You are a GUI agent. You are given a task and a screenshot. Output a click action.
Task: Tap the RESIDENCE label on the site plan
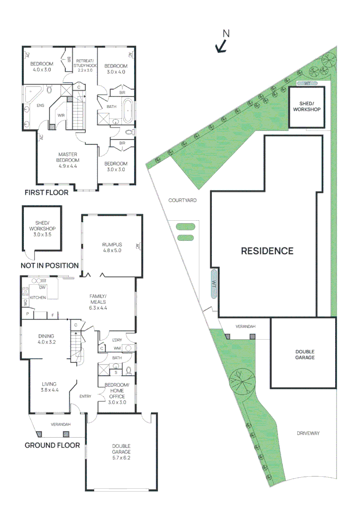pyautogui.click(x=267, y=251)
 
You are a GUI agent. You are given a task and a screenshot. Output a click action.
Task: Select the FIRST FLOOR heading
pyautogui.click(x=46, y=193)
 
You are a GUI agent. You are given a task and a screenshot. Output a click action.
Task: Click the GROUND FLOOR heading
pyautogui.click(x=52, y=445)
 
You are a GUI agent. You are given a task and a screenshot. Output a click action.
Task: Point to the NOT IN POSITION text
pyautogui.click(x=50, y=266)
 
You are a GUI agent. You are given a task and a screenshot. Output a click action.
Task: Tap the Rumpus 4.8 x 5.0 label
pyautogui.click(x=112, y=247)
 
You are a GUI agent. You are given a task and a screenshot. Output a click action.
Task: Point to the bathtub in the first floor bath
pyautogui.click(x=128, y=111)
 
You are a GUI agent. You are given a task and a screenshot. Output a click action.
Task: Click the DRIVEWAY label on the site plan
pyautogui.click(x=307, y=433)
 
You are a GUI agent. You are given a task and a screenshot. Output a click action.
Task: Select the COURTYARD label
pyautogui.click(x=182, y=201)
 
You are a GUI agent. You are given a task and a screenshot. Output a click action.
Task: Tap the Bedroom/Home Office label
pyautogui.click(x=117, y=390)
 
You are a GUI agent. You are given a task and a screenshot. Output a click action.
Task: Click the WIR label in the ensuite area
pyautogui.click(x=61, y=116)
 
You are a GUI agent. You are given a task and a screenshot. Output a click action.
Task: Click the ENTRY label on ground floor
pyautogui.click(x=85, y=397)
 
